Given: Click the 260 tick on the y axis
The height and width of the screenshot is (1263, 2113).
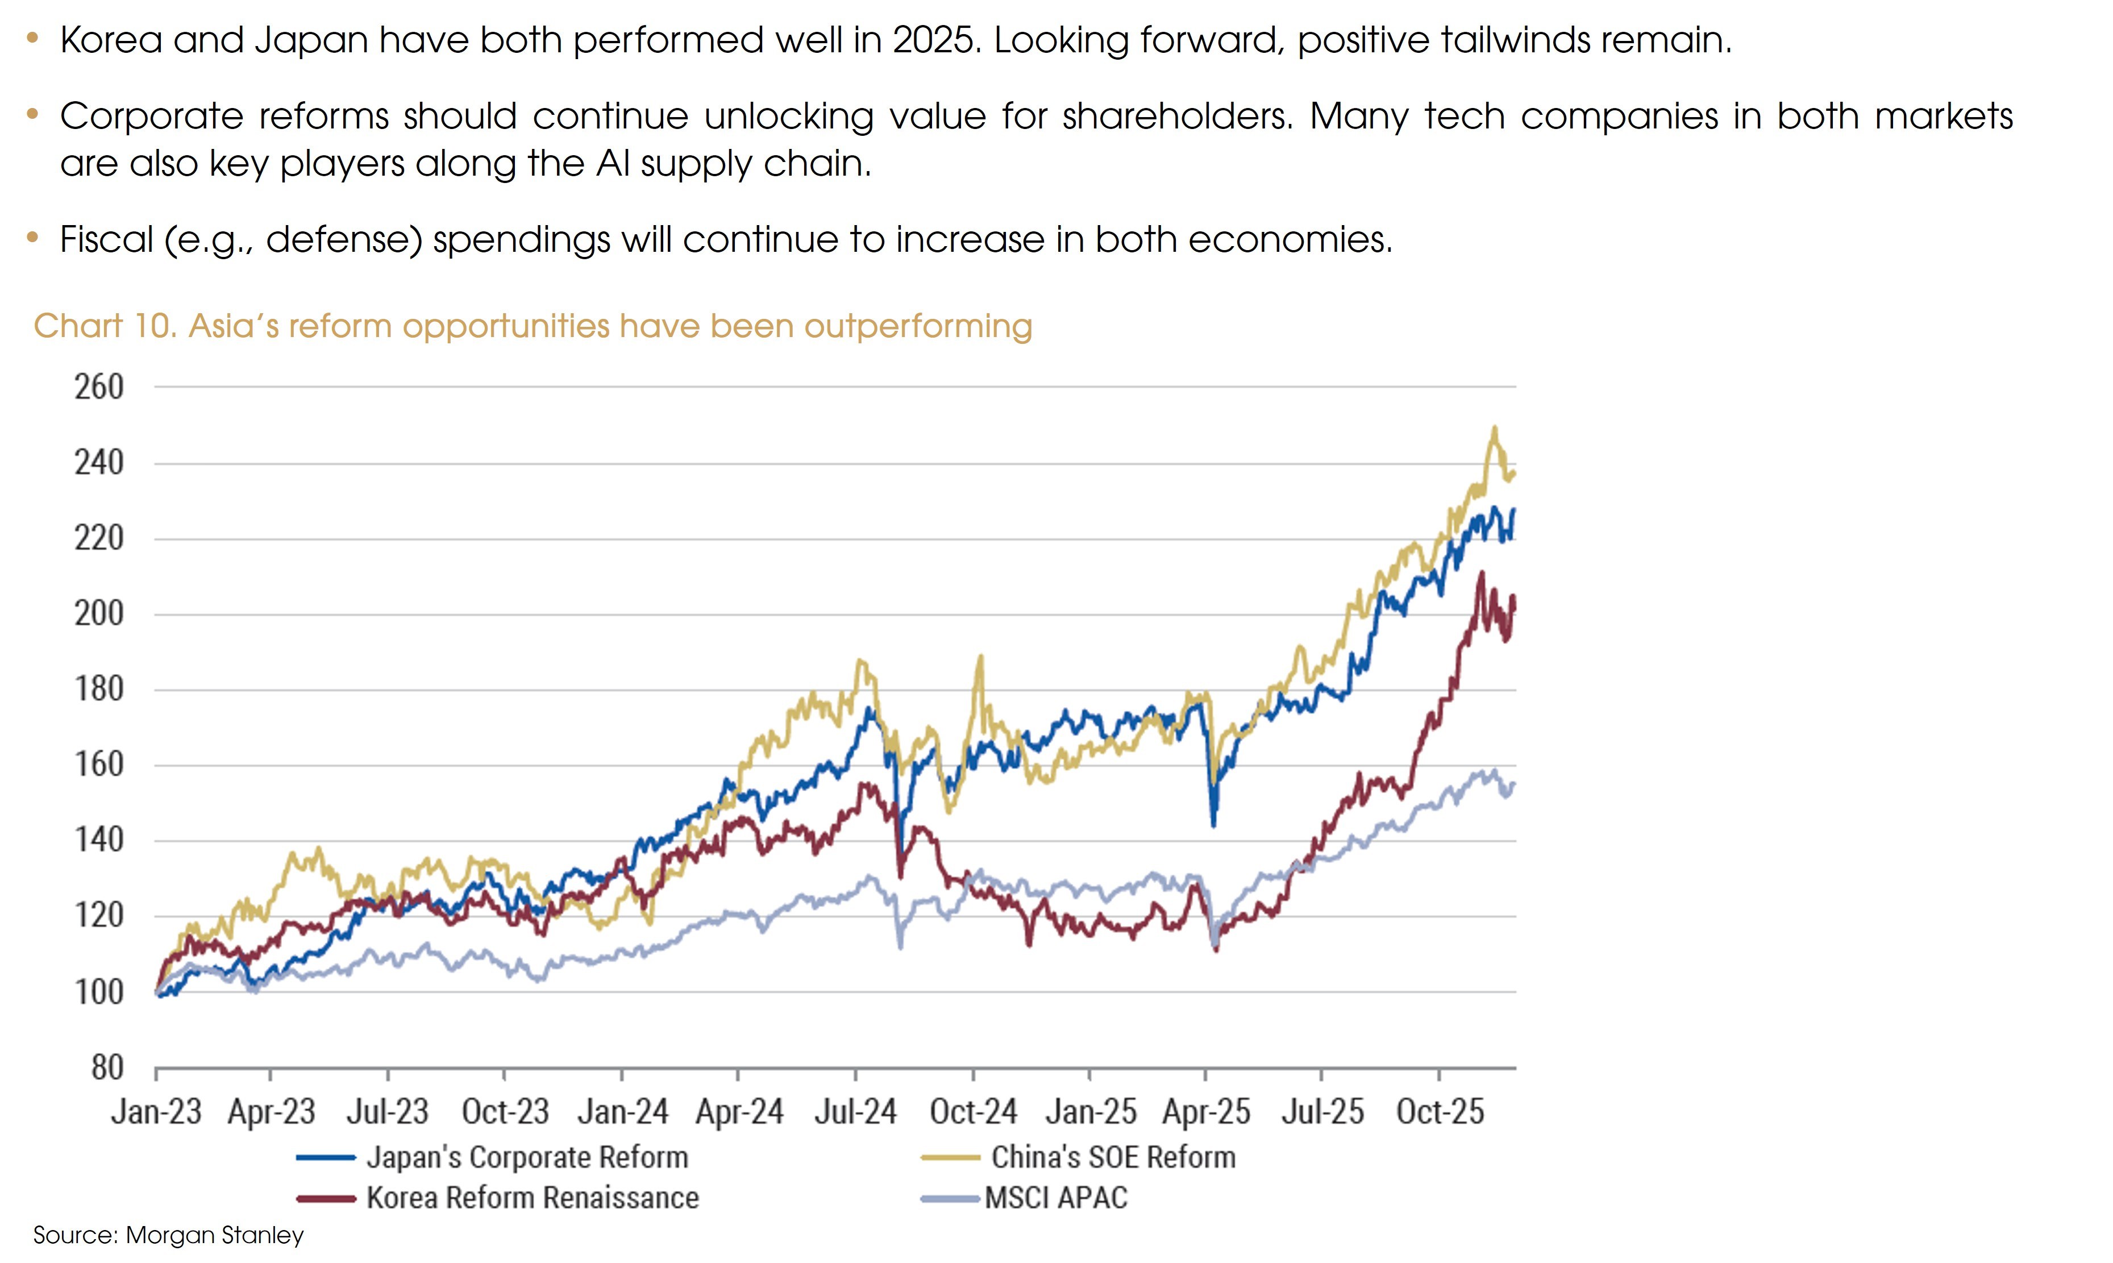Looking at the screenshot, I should pyautogui.click(x=99, y=387).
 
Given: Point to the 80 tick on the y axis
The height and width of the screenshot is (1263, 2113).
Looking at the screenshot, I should pyautogui.click(x=107, y=1067).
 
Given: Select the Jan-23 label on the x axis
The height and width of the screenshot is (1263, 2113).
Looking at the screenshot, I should pyautogui.click(x=156, y=1111).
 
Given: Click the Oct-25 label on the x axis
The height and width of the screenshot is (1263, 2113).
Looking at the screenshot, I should pyautogui.click(x=1440, y=1111).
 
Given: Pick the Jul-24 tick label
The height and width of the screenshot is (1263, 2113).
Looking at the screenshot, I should pyautogui.click(x=855, y=1111).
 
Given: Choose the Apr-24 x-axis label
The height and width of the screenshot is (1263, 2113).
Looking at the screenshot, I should pyautogui.click(x=739, y=1111).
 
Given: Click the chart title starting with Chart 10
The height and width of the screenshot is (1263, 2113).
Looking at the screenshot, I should pyautogui.click(x=533, y=326).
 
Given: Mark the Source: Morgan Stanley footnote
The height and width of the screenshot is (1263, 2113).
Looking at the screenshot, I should pyautogui.click(x=168, y=1235).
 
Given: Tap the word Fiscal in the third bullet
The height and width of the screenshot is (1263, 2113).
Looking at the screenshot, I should pyautogui.click(x=106, y=240).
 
